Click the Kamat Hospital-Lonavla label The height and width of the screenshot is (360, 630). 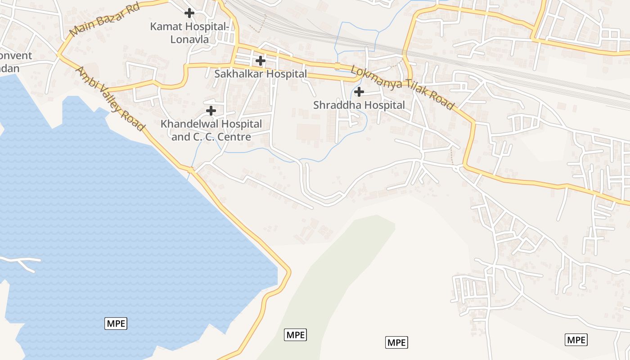(x=189, y=33)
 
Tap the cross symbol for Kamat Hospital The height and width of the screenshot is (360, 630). (x=189, y=13)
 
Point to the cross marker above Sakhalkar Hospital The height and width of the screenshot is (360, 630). (x=260, y=60)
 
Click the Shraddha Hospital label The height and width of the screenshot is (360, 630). (x=359, y=105)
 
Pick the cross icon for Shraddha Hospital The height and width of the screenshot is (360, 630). (x=359, y=92)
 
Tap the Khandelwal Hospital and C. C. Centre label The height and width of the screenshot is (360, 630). (x=211, y=130)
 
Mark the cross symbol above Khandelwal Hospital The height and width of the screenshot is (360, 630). (x=211, y=110)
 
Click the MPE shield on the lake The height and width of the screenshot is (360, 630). (x=116, y=323)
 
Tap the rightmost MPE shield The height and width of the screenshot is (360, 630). (x=576, y=340)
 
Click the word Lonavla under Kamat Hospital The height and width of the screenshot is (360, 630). (x=189, y=40)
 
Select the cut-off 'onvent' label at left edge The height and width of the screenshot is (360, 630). (x=16, y=56)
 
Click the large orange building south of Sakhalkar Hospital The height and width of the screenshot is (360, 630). (x=308, y=132)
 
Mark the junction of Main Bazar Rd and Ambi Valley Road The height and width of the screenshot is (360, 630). (x=59, y=54)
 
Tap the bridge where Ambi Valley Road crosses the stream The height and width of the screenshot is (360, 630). (x=191, y=170)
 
